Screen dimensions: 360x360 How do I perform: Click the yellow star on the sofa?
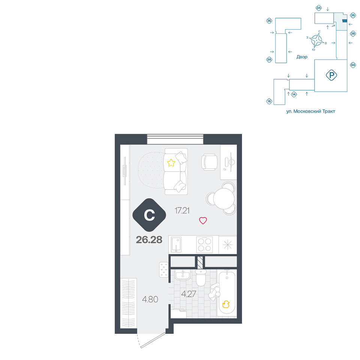click(x=171, y=163)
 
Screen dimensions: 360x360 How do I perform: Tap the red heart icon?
click(x=203, y=220)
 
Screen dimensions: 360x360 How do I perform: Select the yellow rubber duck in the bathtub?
click(x=226, y=304)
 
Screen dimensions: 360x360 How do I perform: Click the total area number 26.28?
click(x=149, y=240)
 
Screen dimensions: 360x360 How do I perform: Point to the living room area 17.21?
click(x=182, y=210)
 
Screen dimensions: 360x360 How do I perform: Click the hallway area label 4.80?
click(x=150, y=299)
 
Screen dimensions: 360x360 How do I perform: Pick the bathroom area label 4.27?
click(x=189, y=294)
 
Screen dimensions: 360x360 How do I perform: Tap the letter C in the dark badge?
click(x=149, y=215)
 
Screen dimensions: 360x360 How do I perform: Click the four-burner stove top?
click(x=204, y=245)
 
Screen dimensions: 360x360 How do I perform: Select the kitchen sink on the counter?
click(x=176, y=245)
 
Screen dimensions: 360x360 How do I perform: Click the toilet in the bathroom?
click(x=201, y=277)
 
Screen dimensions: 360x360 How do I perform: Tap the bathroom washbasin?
click(x=183, y=274)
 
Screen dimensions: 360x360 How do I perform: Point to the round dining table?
click(x=223, y=198)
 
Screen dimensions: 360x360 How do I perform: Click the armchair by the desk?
click(x=209, y=162)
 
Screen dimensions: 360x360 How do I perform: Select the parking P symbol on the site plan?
click(x=331, y=75)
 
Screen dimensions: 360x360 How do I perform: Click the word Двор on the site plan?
click(x=301, y=57)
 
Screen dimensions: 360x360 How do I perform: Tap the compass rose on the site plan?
click(x=316, y=40)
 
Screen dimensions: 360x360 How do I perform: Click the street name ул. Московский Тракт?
click(x=310, y=111)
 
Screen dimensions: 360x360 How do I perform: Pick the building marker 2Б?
click(x=269, y=21)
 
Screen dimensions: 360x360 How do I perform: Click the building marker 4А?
click(x=353, y=65)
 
